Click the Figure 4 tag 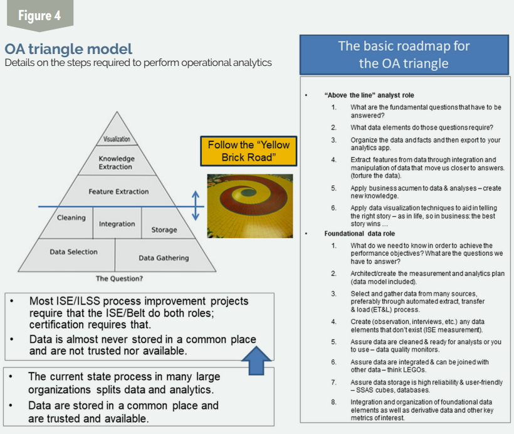[39, 15]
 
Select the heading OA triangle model [68, 49]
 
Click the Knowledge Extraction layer [117, 161]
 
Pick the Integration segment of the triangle [117, 223]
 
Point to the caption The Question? [119, 279]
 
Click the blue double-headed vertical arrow [196, 205]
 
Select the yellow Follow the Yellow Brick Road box [249, 151]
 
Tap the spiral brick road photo [249, 206]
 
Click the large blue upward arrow [256, 361]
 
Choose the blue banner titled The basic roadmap [404, 55]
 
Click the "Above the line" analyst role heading [369, 95]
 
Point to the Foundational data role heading [360, 234]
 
